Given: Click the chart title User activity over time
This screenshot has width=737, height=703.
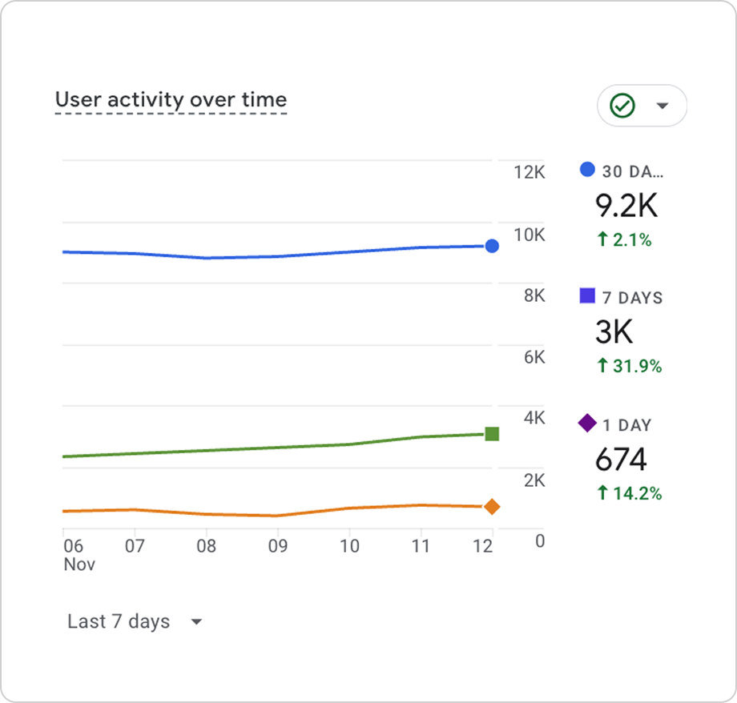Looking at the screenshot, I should [171, 100].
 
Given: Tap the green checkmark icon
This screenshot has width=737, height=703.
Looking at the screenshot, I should [622, 106].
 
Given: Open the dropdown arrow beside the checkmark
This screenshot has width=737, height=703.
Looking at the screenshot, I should [662, 106].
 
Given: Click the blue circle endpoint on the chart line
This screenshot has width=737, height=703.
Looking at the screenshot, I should [492, 246].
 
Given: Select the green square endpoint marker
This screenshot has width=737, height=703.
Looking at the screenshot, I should [492, 434].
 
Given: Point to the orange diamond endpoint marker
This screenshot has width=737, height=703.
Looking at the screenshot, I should [492, 506].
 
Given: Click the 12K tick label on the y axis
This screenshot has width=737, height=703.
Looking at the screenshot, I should [529, 172].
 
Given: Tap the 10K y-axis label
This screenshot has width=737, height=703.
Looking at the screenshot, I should [529, 235].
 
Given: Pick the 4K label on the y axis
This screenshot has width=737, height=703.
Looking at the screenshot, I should [534, 418].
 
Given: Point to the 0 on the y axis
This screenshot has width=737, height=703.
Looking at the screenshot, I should [540, 541].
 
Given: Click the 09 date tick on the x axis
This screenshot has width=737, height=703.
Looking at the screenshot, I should [277, 547].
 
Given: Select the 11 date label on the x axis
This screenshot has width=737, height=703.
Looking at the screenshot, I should [420, 547].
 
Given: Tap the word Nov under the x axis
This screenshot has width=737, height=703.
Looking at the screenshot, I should [79, 564].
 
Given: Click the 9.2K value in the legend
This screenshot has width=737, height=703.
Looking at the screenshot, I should [626, 206].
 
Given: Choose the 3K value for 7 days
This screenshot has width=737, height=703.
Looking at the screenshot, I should [614, 331].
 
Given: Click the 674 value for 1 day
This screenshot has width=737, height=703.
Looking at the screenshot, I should [620, 459].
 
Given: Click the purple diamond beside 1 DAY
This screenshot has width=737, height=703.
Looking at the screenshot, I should [587, 423].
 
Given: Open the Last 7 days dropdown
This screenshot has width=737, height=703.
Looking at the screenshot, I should [135, 622].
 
